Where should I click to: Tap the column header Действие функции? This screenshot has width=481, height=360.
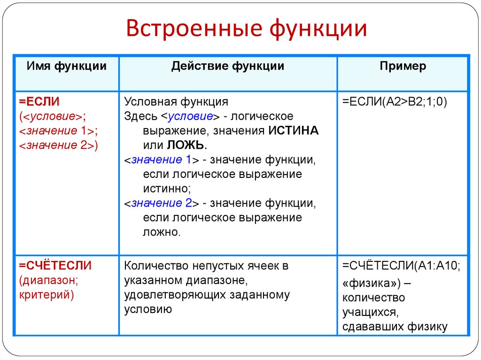tap(227, 66)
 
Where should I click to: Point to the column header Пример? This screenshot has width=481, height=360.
tap(403, 66)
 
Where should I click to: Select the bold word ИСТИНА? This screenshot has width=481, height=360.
tap(294, 131)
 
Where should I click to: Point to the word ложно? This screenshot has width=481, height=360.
tap(162, 232)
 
